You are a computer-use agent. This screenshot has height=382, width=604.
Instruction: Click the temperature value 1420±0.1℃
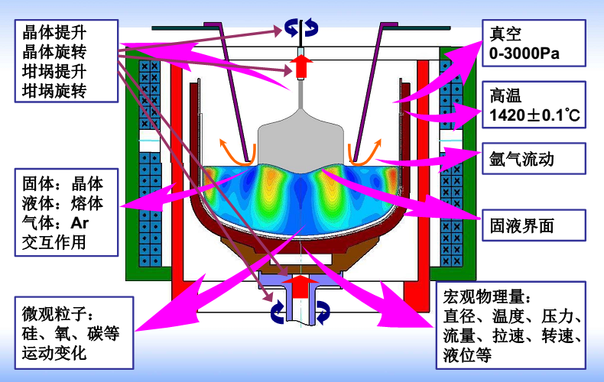(x=534, y=116)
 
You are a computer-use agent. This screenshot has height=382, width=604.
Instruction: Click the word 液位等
(x=466, y=355)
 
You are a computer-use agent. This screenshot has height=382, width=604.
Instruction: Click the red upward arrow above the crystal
(x=301, y=65)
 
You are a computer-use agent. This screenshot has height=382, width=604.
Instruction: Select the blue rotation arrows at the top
(x=301, y=28)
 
